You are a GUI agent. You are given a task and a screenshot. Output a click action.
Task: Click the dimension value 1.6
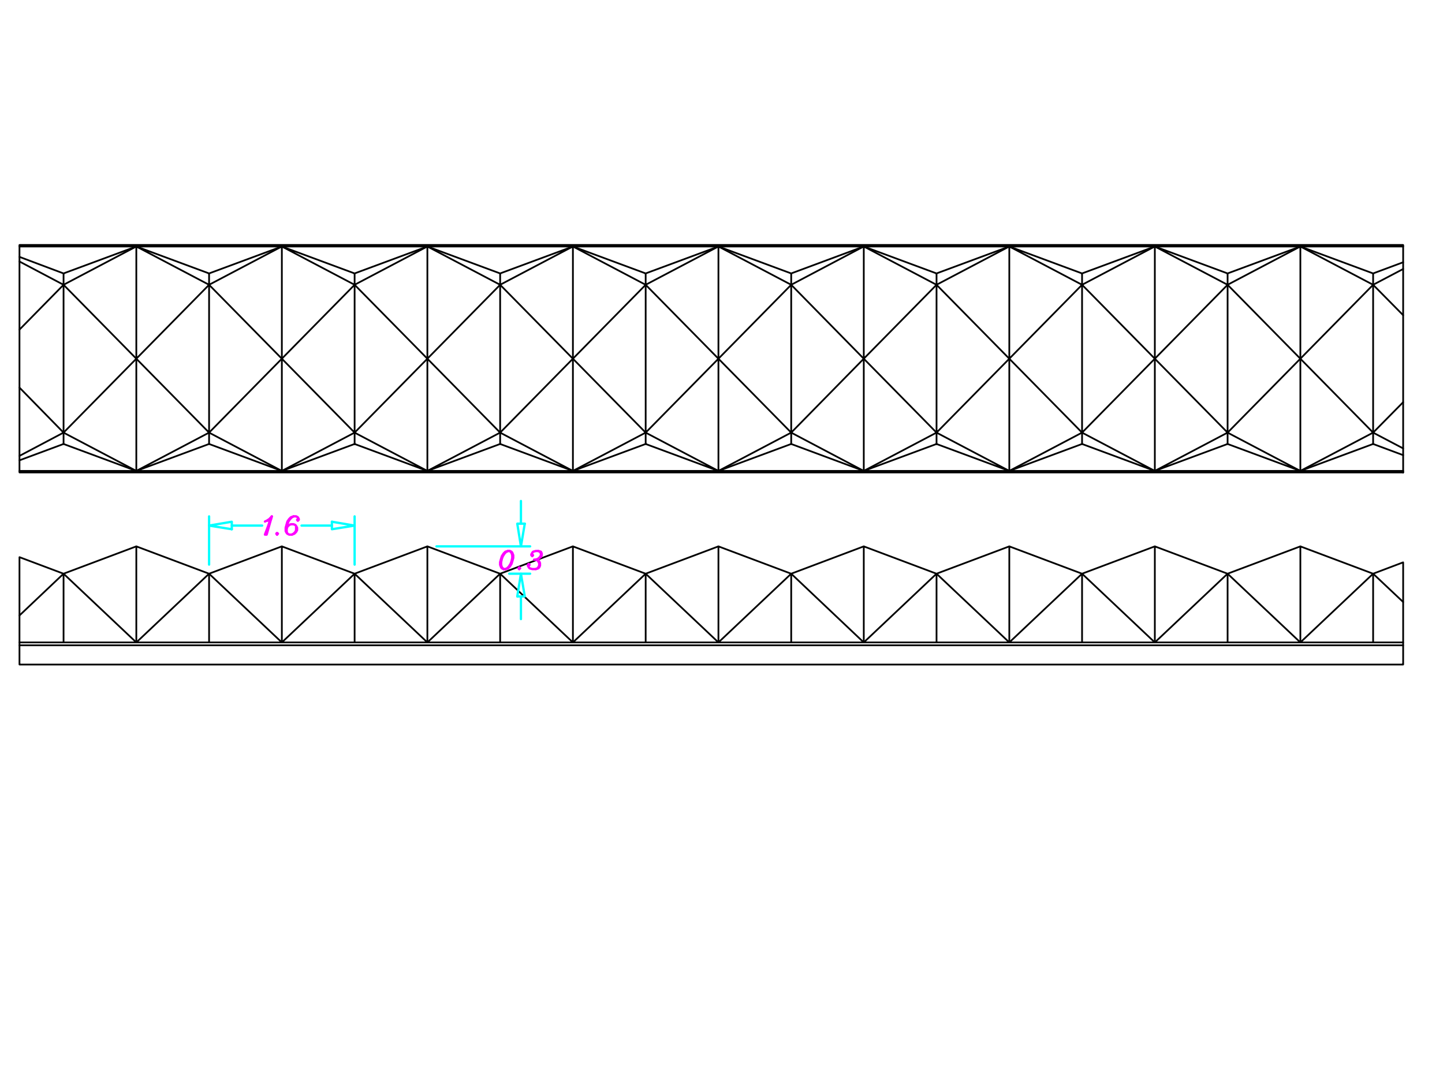coord(281,525)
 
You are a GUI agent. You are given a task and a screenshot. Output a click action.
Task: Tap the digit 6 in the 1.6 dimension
coord(292,525)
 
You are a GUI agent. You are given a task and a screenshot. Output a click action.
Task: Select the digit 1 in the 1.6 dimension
coord(268,525)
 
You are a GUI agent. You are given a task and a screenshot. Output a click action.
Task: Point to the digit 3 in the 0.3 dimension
coord(535,560)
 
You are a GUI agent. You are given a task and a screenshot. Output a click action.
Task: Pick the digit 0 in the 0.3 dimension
coord(506,560)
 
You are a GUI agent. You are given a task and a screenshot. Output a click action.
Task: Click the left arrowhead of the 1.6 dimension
coord(221,525)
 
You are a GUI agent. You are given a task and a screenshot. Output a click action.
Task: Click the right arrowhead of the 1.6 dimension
coord(343,525)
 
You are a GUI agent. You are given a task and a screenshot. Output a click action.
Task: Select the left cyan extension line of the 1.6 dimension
coord(209,540)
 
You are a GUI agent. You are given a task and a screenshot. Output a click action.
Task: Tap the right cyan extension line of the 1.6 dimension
coord(355,540)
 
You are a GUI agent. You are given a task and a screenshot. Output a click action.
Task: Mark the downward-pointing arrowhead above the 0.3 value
coord(521,534)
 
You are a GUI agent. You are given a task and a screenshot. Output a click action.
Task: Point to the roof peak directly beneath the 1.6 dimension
coord(282,546)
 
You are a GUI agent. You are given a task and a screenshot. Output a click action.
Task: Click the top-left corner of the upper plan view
coord(20,245)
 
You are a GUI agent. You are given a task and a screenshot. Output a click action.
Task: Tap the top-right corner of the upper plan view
coord(1403,245)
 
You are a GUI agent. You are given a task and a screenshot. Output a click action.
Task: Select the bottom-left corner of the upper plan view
coord(20,472)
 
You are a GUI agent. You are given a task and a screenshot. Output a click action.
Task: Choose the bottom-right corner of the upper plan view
coord(1403,472)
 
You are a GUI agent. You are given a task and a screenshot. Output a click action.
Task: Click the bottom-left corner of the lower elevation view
coord(20,664)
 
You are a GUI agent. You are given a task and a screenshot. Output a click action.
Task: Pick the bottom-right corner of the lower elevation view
coord(1403,664)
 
